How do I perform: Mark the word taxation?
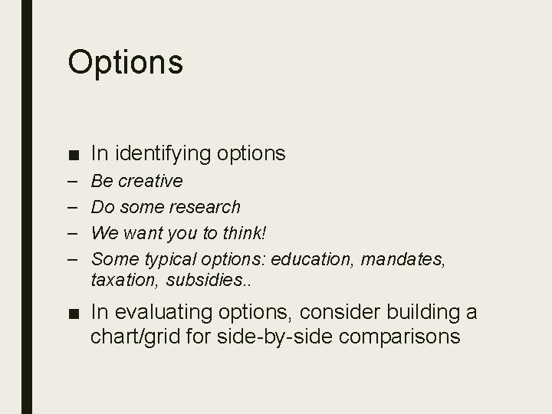tap(123, 281)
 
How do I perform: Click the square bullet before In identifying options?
tap(73, 155)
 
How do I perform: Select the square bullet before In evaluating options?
tap(73, 314)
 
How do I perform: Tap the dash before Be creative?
tap(73, 182)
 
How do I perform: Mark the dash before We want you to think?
tap(73, 232)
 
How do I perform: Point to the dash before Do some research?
tap(73, 207)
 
